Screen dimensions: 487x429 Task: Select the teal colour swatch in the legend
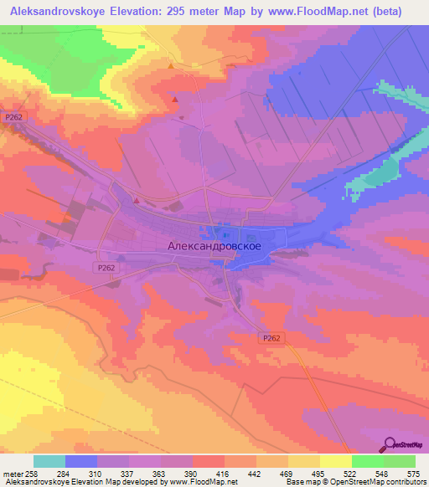point(49,461)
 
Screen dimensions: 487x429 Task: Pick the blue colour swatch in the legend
point(81,461)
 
